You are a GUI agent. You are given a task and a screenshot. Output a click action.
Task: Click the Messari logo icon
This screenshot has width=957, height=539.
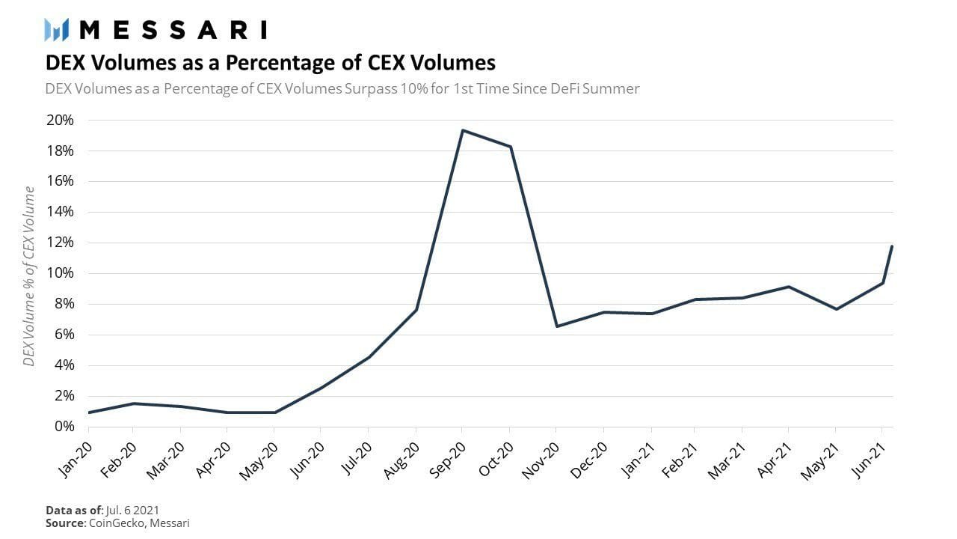[x=57, y=30]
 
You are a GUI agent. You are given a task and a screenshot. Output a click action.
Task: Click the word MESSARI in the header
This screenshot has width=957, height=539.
[x=173, y=30]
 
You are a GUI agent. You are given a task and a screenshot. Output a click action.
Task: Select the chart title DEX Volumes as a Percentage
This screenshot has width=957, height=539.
[x=270, y=61]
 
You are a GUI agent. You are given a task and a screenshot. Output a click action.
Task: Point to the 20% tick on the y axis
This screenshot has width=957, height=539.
[x=60, y=121]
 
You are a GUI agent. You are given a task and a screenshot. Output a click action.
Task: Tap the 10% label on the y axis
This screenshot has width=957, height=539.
[x=60, y=273]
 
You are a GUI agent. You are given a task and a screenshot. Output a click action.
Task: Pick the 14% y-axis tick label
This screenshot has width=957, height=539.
[x=60, y=212]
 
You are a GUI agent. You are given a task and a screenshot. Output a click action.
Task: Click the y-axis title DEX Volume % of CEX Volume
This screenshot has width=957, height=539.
[x=29, y=276]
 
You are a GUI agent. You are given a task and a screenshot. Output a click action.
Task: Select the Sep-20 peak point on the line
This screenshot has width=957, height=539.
[x=463, y=130]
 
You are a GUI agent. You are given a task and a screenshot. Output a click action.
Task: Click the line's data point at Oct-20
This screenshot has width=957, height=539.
[x=510, y=147]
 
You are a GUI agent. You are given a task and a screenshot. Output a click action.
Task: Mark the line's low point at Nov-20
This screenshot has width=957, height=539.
[x=556, y=326]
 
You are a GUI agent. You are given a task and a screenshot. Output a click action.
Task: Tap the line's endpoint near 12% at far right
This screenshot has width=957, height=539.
[x=892, y=246]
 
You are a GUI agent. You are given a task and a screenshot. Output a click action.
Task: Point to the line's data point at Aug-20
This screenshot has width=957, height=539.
[x=416, y=310]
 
